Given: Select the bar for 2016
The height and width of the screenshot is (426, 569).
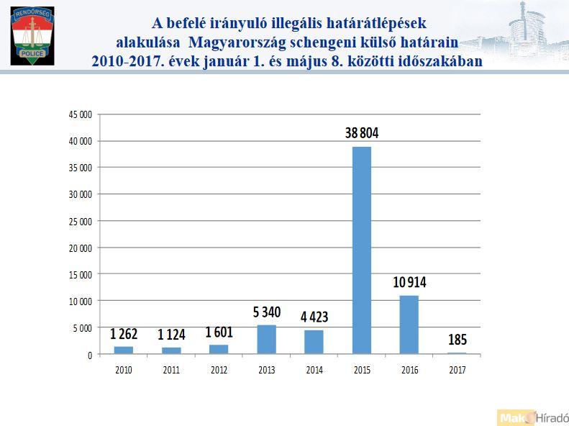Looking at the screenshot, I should (409, 325).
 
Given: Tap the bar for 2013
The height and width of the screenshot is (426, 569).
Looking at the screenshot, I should (266, 340).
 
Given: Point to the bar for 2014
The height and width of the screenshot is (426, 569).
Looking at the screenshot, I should (314, 342).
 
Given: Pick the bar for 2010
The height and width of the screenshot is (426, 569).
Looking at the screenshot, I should (123, 350).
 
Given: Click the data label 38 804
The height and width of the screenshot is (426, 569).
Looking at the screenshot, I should (361, 134).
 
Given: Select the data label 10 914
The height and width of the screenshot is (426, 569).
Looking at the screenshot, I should (409, 282).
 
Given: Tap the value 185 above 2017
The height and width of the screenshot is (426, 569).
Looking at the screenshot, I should (457, 338).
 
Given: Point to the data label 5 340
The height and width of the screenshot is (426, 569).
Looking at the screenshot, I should (266, 312).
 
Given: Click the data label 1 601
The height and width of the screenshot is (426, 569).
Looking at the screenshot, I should (219, 332).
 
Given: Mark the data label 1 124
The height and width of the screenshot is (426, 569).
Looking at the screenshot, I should (170, 335).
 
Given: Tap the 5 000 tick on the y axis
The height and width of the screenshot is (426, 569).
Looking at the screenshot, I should (82, 327).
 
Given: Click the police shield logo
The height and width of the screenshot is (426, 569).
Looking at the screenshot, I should (32, 35).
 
